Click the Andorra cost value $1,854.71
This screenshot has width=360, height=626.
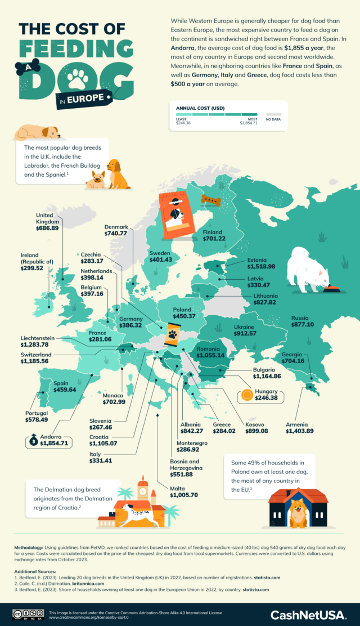[x=54, y=443]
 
